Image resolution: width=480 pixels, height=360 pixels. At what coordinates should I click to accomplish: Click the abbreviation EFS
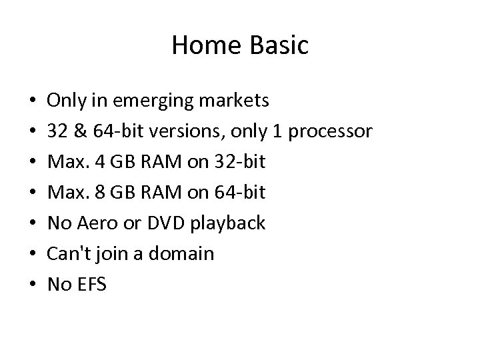[90, 285]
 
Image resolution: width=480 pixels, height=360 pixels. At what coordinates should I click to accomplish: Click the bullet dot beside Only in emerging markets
[33, 101]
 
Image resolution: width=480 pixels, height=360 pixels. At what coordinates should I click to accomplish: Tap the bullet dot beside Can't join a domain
[33, 255]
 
